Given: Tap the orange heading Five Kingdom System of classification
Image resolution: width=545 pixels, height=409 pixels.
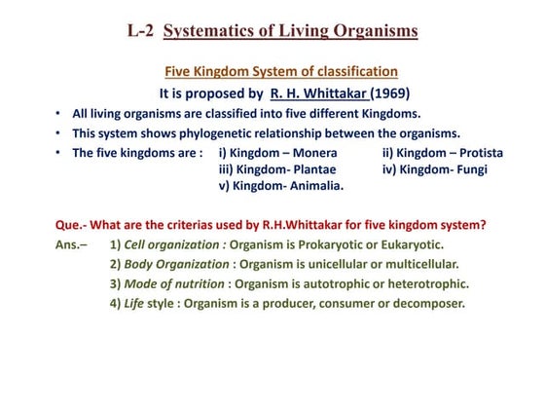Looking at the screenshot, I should pyautogui.click(x=281, y=72).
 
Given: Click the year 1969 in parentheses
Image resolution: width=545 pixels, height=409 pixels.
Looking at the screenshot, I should pyautogui.click(x=391, y=94).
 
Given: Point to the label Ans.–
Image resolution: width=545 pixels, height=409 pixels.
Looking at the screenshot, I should pyautogui.click(x=71, y=245).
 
